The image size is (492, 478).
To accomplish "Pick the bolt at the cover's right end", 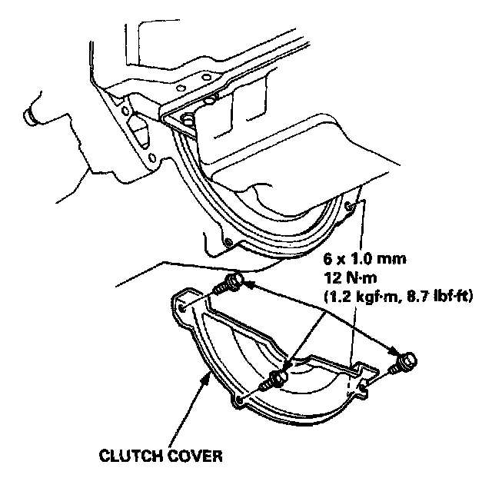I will click(406, 360).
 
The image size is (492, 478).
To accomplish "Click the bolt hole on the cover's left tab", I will click(184, 307).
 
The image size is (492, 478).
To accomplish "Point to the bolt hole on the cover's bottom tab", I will click(244, 401).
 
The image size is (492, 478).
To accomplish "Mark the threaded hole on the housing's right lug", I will click(351, 205).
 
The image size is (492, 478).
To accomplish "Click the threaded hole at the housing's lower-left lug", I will click(228, 244).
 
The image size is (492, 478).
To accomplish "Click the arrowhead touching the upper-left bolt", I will click(247, 285).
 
